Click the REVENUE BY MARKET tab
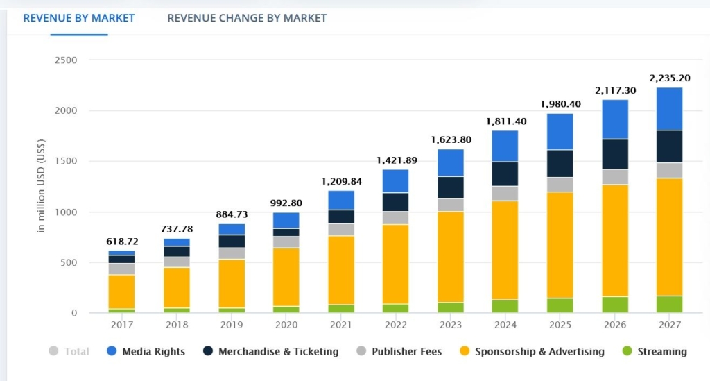click(x=79, y=17)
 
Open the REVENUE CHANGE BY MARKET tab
click(x=247, y=17)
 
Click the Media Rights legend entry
click(x=153, y=351)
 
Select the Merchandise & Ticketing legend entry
click(x=278, y=351)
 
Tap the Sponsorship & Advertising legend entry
click(x=539, y=351)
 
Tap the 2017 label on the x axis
click(x=121, y=325)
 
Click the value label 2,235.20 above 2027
click(x=669, y=78)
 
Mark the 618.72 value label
click(x=122, y=242)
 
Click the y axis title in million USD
click(x=41, y=186)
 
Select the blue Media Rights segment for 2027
click(x=669, y=109)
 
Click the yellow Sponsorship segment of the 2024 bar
click(x=504, y=250)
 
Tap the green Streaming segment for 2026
click(x=614, y=305)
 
